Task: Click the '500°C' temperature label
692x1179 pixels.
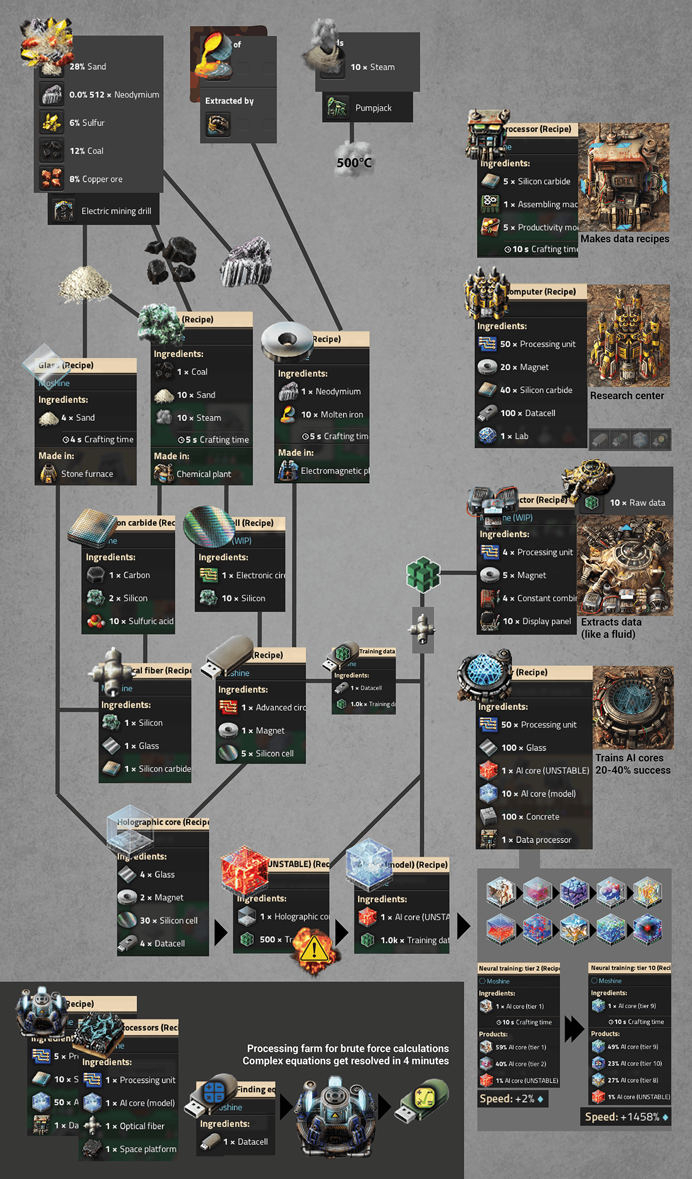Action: (x=354, y=163)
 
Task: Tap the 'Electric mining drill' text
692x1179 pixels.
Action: (x=116, y=211)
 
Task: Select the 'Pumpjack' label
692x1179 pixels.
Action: (x=373, y=108)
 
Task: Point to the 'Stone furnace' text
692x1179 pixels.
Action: (x=87, y=474)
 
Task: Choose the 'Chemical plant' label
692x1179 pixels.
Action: (x=204, y=474)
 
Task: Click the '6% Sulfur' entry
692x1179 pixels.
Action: (x=87, y=123)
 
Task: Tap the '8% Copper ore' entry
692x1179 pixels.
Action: (x=96, y=179)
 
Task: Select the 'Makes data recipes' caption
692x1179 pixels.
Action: (x=625, y=239)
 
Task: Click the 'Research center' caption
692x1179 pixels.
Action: (x=627, y=395)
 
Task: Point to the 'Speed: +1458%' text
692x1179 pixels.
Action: (x=622, y=1117)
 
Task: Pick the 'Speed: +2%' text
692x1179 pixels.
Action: (x=507, y=1098)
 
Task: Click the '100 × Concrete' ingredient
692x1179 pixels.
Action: (x=530, y=817)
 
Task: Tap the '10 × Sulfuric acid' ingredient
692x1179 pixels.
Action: (x=141, y=621)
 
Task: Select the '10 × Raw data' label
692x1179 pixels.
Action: (x=637, y=503)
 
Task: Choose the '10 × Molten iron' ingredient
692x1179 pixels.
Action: (x=332, y=415)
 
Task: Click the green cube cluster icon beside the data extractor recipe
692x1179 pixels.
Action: (x=423, y=574)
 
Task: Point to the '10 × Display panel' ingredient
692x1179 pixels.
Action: (x=536, y=621)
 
